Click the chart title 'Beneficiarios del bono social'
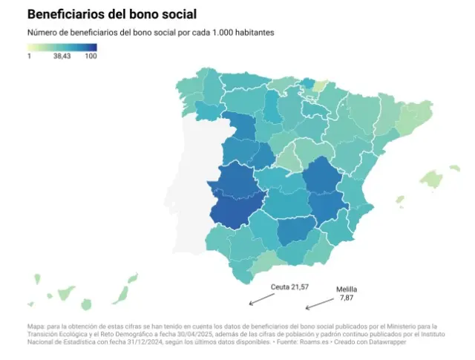(112, 14)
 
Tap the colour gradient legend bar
(62, 47)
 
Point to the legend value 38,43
(62, 56)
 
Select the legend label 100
(91, 56)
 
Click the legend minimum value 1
(30, 56)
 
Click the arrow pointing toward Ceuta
(261, 298)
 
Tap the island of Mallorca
(430, 179)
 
